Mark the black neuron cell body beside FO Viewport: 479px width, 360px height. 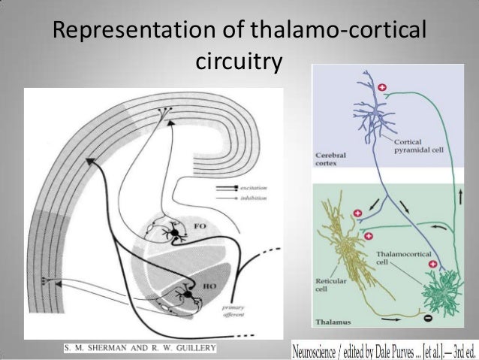click(x=176, y=235)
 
